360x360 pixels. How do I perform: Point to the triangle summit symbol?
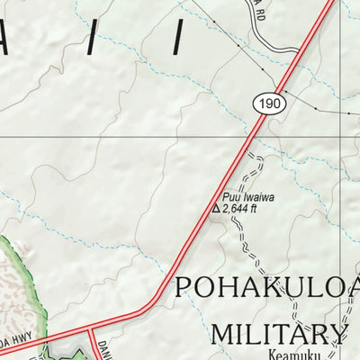point(215,209)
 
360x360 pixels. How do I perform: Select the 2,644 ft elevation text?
point(239,209)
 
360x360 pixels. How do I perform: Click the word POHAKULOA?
point(266,288)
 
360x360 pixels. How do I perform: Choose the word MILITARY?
point(278,334)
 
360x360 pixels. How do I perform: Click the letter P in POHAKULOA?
point(184,288)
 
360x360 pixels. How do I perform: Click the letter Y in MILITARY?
point(337,334)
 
